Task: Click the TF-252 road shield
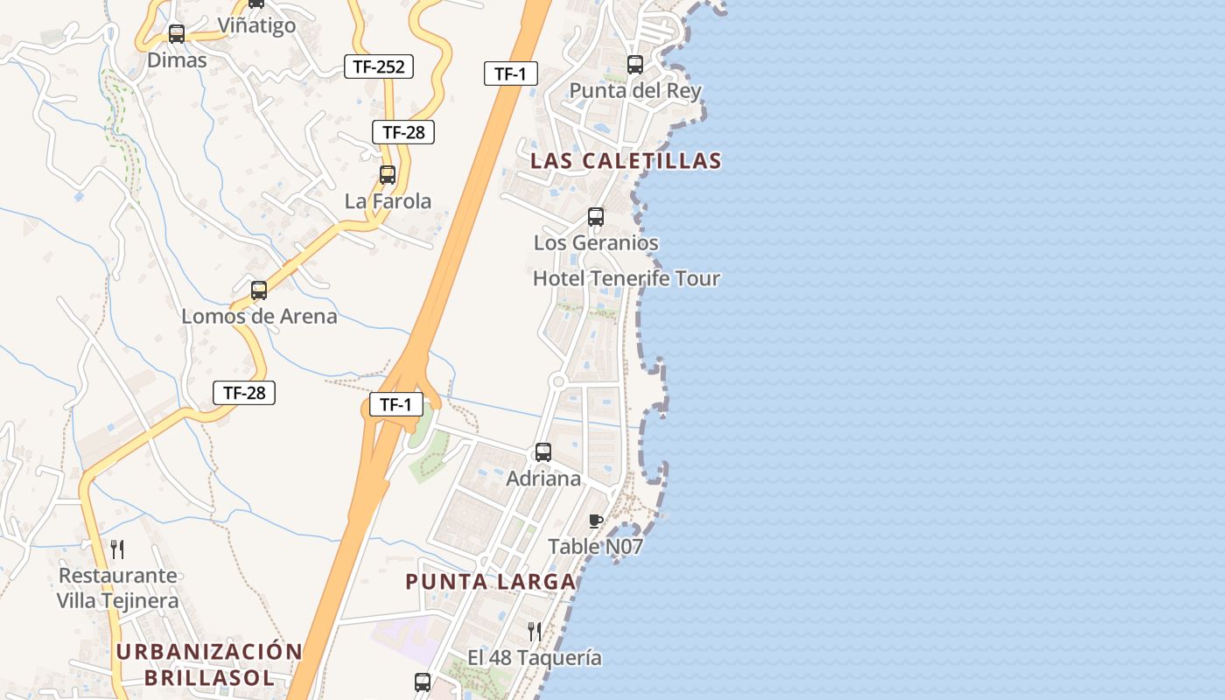point(378,66)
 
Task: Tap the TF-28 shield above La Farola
point(403,132)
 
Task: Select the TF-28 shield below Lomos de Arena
point(244,393)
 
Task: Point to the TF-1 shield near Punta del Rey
point(510,73)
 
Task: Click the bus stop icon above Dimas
point(177,34)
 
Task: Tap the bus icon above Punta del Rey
point(635,65)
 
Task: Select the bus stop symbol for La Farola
point(388,175)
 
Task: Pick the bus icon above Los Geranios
point(596,216)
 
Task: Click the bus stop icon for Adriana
point(543,452)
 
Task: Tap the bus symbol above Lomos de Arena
point(259,290)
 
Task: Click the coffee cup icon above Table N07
point(596,521)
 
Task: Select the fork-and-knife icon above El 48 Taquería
point(534,631)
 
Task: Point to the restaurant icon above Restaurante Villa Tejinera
point(117,549)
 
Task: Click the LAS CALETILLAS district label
point(626,161)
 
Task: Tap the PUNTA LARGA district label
point(491,582)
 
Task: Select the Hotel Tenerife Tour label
point(626,279)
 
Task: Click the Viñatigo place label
point(256,26)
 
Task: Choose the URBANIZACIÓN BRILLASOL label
point(209,664)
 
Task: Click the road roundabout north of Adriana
point(558,381)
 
